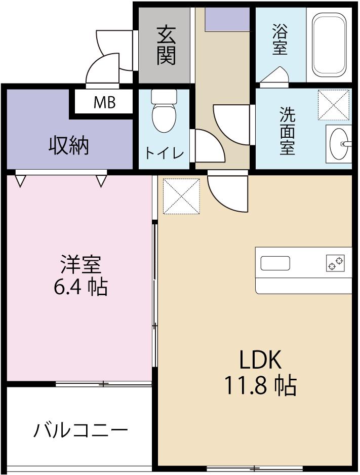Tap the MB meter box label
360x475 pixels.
[x=104, y=103]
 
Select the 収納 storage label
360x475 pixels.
[x=69, y=146]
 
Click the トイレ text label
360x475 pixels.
[x=165, y=153]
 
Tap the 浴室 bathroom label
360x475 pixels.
[x=279, y=41]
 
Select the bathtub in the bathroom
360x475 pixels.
[x=329, y=44]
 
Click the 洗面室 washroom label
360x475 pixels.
[x=288, y=132]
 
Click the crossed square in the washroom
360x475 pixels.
[x=334, y=105]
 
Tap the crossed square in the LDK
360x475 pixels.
[x=181, y=196]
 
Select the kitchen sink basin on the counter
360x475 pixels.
[x=275, y=263]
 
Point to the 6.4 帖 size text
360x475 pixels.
[x=81, y=287]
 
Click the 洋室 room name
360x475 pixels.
[x=81, y=265]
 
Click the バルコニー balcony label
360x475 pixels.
[x=81, y=431]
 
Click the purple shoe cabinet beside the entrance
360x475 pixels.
[x=227, y=19]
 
